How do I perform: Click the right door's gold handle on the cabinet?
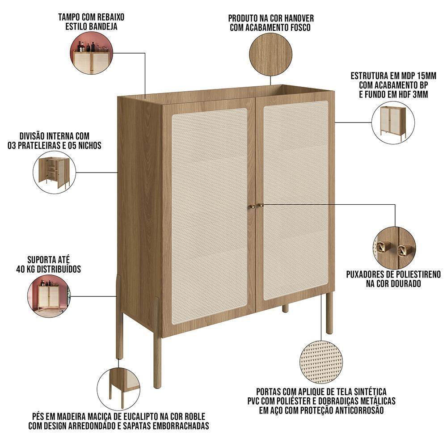pyautogui.click(x=261, y=206)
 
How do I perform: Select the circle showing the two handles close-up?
pyautogui.click(x=394, y=247)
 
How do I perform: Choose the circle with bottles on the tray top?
pyautogui.click(x=91, y=53)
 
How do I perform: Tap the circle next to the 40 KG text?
pyautogui.click(x=48, y=296)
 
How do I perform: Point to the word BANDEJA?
pyautogui.click(x=103, y=26)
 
